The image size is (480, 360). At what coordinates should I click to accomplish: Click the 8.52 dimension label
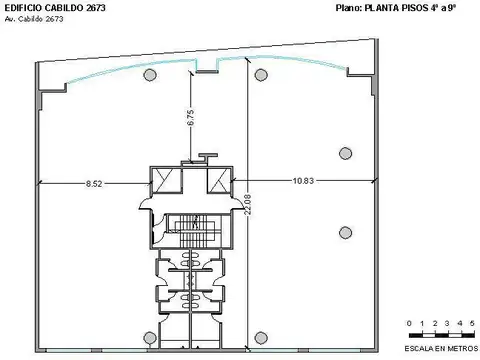pyautogui.click(x=96, y=182)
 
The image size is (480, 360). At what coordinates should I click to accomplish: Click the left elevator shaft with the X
pyautogui.click(x=164, y=181)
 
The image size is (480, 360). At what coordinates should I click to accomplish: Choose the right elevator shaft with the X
pyautogui.click(x=216, y=181)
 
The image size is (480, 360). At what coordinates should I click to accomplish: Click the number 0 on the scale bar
pyautogui.click(x=411, y=323)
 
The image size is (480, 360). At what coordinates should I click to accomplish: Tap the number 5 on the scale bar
pyautogui.click(x=471, y=323)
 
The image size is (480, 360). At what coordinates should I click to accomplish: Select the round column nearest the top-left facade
pyautogui.click(x=149, y=76)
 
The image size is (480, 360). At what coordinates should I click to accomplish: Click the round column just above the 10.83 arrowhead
pyautogui.click(x=345, y=153)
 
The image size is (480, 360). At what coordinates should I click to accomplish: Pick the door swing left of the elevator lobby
pyautogui.click(x=146, y=204)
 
